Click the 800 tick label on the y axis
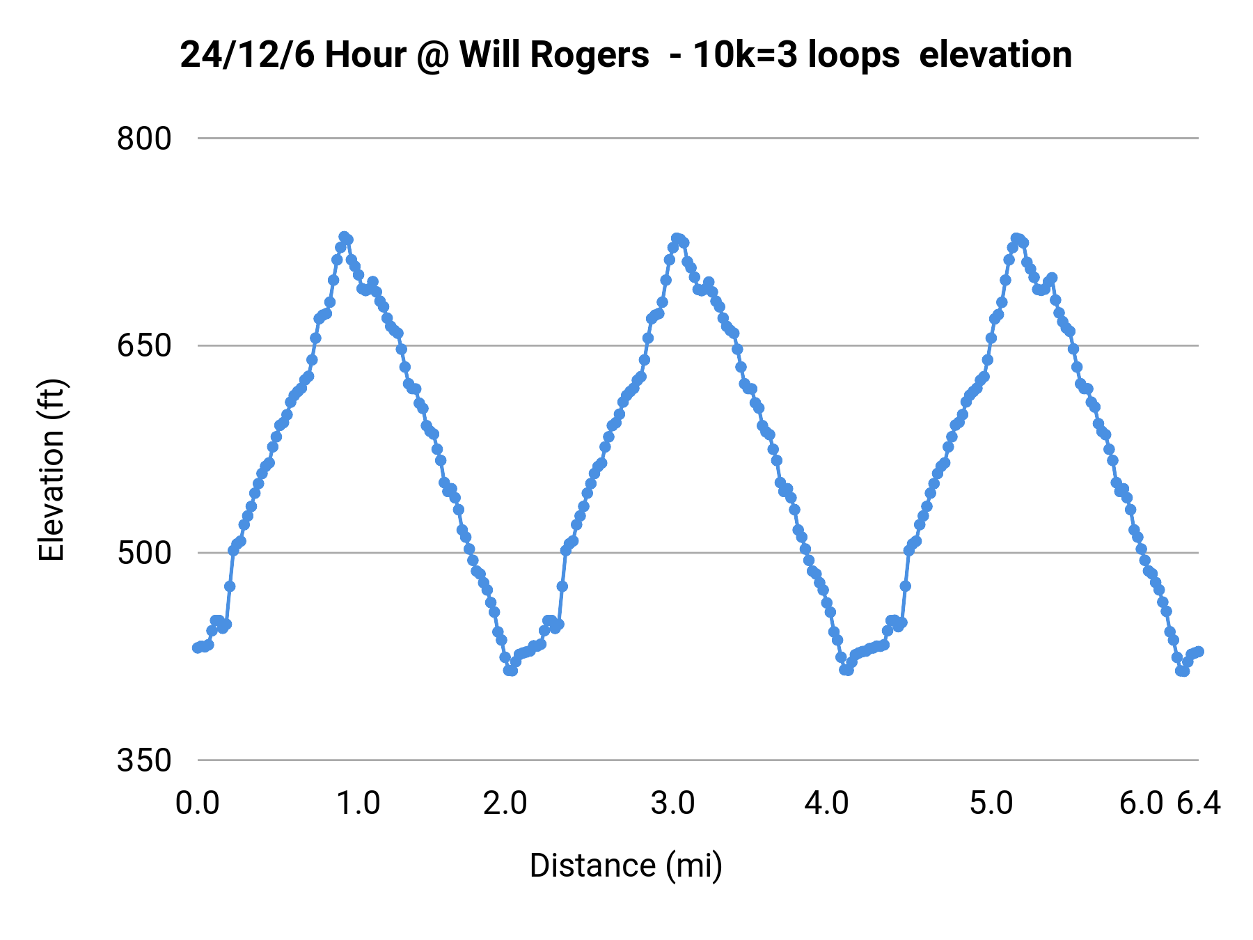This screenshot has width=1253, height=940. coord(143,139)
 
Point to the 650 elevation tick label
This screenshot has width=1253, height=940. coord(143,345)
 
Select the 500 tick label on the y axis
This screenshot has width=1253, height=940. coord(143,553)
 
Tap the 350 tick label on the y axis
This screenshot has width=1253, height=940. coord(143,760)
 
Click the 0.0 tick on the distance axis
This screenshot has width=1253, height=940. coord(197,804)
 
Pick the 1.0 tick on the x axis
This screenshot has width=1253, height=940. coord(358,804)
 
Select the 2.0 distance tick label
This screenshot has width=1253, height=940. coord(505,804)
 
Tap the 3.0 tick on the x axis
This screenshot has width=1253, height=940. coord(672,804)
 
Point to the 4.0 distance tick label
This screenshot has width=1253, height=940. coord(826,804)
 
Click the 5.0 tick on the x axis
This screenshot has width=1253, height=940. coord(991,804)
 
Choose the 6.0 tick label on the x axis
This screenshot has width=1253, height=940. coord(1142,804)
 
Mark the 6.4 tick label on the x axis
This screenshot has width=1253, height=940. coord(1199,804)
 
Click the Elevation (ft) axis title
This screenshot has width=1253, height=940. coord(52,470)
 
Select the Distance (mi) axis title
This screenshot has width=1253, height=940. coord(626,865)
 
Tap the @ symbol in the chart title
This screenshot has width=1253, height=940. coord(432,56)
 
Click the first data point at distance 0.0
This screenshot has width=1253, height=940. coord(197,648)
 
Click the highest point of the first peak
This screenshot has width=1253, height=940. coord(343,237)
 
